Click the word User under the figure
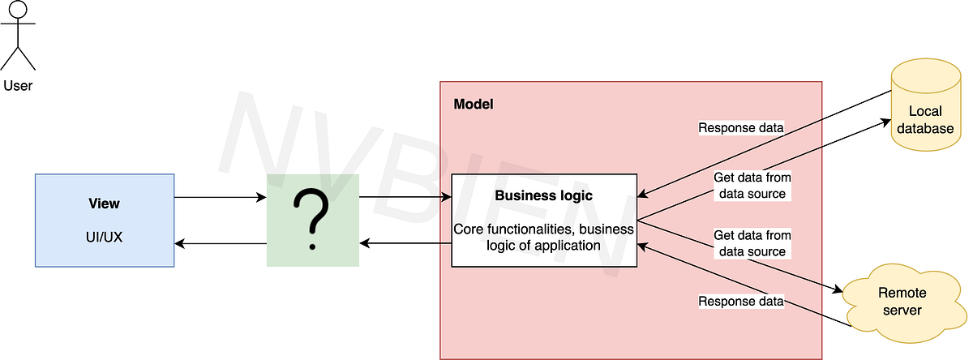pyautogui.click(x=18, y=85)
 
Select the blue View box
pyautogui.click(x=105, y=220)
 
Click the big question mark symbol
pyautogui.click(x=313, y=220)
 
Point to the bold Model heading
pyautogui.click(x=474, y=105)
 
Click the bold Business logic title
pyautogui.click(x=543, y=195)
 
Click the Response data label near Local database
pyautogui.click(x=741, y=128)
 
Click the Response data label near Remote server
pyautogui.click(x=741, y=302)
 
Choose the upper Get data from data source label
pyautogui.click(x=752, y=185)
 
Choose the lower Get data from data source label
pyautogui.click(x=752, y=243)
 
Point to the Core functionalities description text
pyautogui.click(x=543, y=237)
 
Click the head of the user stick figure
pyautogui.click(x=18, y=11)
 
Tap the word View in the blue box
pyautogui.click(x=104, y=204)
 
